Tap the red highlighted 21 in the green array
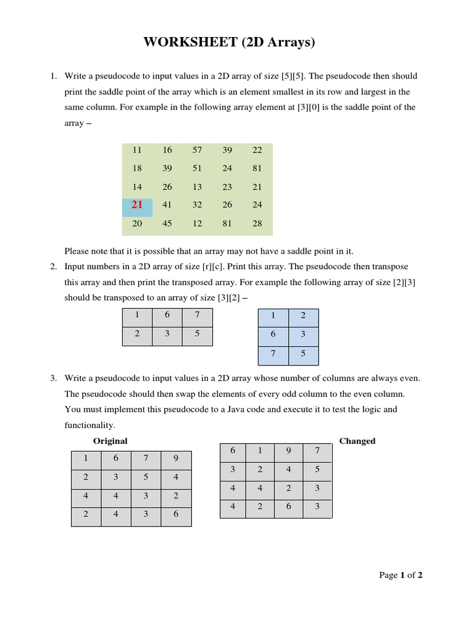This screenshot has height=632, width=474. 137,205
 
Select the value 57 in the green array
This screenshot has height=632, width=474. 197,150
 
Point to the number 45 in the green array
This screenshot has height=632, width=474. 167,223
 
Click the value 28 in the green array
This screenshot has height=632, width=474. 257,223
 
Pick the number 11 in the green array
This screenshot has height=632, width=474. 137,150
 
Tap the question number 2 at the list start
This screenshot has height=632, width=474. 53,267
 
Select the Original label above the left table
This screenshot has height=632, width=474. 110,441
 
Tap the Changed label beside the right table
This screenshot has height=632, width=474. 357,441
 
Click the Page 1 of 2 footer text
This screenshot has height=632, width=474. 401,575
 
